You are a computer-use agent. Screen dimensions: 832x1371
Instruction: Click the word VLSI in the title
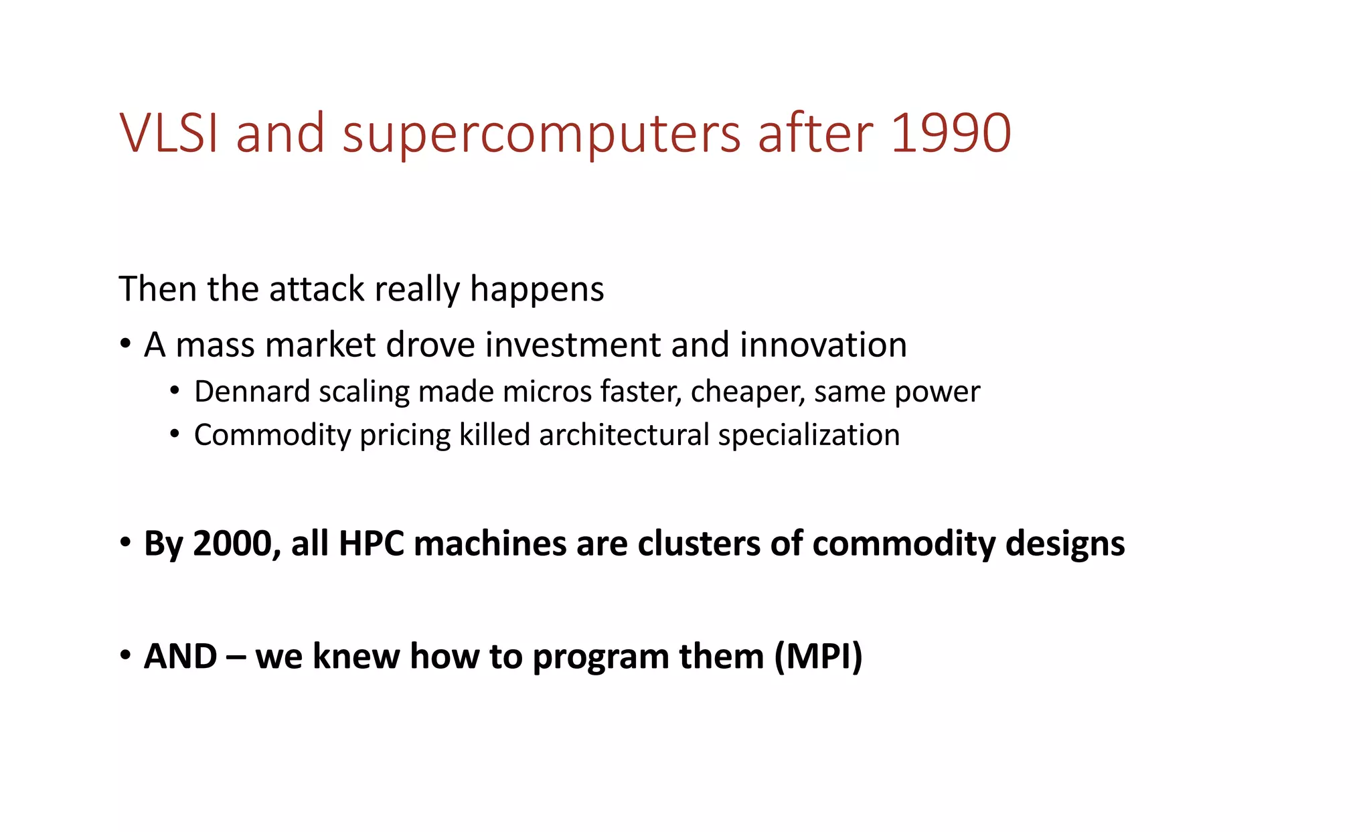pyautogui.click(x=169, y=133)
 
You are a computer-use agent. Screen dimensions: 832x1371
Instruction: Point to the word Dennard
pyautogui.click(x=251, y=392)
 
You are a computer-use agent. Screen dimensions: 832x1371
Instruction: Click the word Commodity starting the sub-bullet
pyautogui.click(x=272, y=436)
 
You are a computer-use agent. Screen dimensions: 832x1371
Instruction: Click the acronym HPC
pyautogui.click(x=371, y=544)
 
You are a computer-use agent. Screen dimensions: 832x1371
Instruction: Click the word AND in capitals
pyautogui.click(x=180, y=656)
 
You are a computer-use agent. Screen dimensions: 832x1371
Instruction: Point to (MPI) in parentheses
pyautogui.click(x=818, y=656)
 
